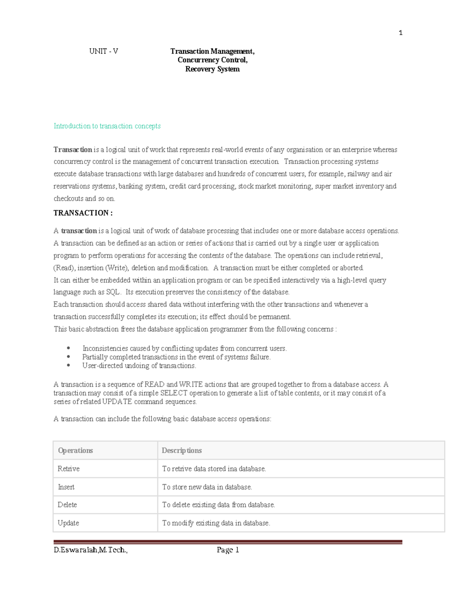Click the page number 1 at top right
coord(401,33)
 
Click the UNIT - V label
coord(103,51)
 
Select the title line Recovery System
coord(212,69)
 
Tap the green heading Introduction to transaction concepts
coord(107,126)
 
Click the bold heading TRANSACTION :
coord(83,213)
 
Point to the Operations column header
coord(75,451)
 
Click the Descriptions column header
coord(182,451)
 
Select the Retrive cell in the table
coord(68,469)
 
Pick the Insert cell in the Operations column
coord(66,487)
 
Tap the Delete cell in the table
coord(67,505)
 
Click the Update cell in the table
coord(68,523)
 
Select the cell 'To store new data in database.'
coord(207,487)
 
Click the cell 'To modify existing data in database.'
coord(216,523)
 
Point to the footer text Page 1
coord(228,550)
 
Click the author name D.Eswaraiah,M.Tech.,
coord(90,550)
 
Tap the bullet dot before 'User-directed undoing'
coord(68,365)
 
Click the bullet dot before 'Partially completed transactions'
coord(68,357)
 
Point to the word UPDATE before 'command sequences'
coord(117,402)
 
